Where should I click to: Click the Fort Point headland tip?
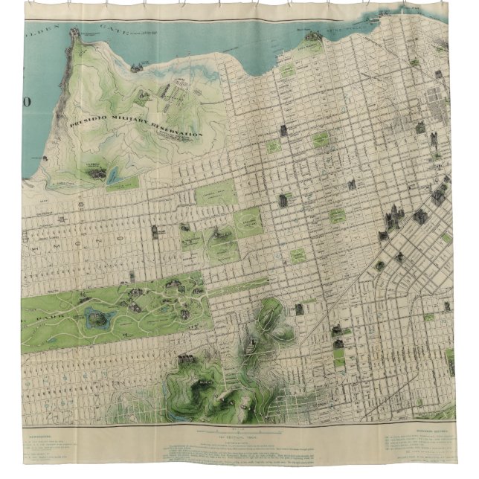[x=74, y=33]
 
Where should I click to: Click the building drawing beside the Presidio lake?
[x=95, y=173]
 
